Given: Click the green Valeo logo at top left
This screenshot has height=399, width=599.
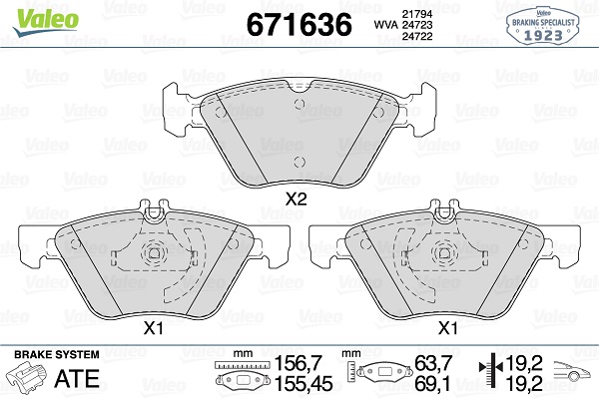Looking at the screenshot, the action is pos(46,21).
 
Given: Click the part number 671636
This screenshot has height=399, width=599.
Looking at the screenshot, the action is pos(299,24).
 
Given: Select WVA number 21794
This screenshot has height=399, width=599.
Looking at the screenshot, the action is pos(416,14).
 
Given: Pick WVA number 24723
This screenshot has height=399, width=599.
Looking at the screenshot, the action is pos(416,25).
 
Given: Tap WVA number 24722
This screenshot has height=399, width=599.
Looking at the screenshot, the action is pos(416,36).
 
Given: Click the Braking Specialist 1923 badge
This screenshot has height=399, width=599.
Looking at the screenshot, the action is pos(543,25).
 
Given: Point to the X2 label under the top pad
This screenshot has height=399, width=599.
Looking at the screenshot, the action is pos(297,199).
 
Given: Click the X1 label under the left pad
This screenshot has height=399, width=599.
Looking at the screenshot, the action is pos(153,328).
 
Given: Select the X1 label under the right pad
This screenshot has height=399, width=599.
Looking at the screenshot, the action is pos(447,328).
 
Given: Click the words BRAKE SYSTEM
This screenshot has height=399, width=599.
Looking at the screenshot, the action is pos(57,354).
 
